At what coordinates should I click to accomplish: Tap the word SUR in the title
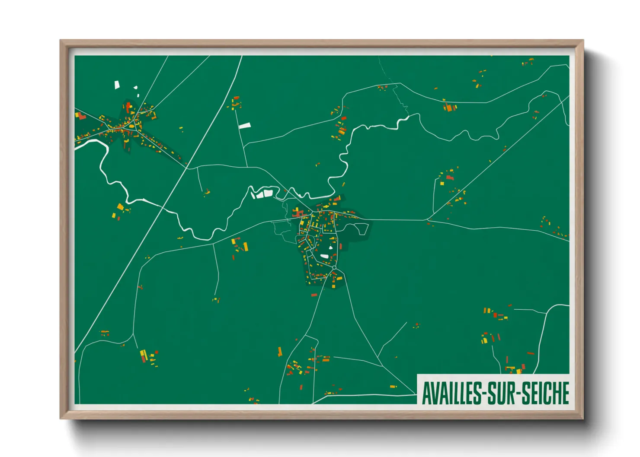(502, 394)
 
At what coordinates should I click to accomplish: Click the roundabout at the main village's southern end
(334, 268)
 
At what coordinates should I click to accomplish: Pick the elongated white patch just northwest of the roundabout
(324, 257)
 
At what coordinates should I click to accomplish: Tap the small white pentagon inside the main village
(331, 248)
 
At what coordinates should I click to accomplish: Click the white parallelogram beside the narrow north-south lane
(245, 126)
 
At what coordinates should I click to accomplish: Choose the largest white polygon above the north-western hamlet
(117, 85)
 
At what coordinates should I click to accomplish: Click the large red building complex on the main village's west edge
(298, 213)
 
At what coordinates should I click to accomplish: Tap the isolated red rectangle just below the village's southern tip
(314, 295)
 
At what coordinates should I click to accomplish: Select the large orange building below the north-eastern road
(450, 107)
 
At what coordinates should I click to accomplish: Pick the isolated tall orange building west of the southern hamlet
(280, 352)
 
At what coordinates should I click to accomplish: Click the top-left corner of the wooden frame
(61, 41)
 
